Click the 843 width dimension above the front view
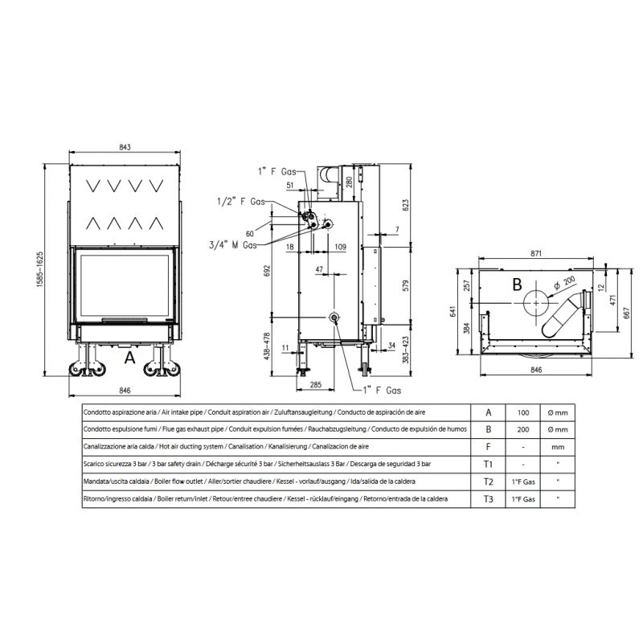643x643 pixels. tap(125, 147)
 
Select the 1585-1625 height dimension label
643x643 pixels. tap(39, 269)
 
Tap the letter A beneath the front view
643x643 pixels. tap(129, 358)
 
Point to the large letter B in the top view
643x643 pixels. tap(517, 285)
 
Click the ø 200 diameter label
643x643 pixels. tap(565, 283)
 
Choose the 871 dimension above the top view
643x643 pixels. tap(536, 253)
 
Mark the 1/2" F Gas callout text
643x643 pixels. tap(240, 202)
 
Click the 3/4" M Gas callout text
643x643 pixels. tap(233, 245)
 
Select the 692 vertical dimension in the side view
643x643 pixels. tap(267, 271)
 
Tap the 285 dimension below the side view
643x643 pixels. tap(316, 385)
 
